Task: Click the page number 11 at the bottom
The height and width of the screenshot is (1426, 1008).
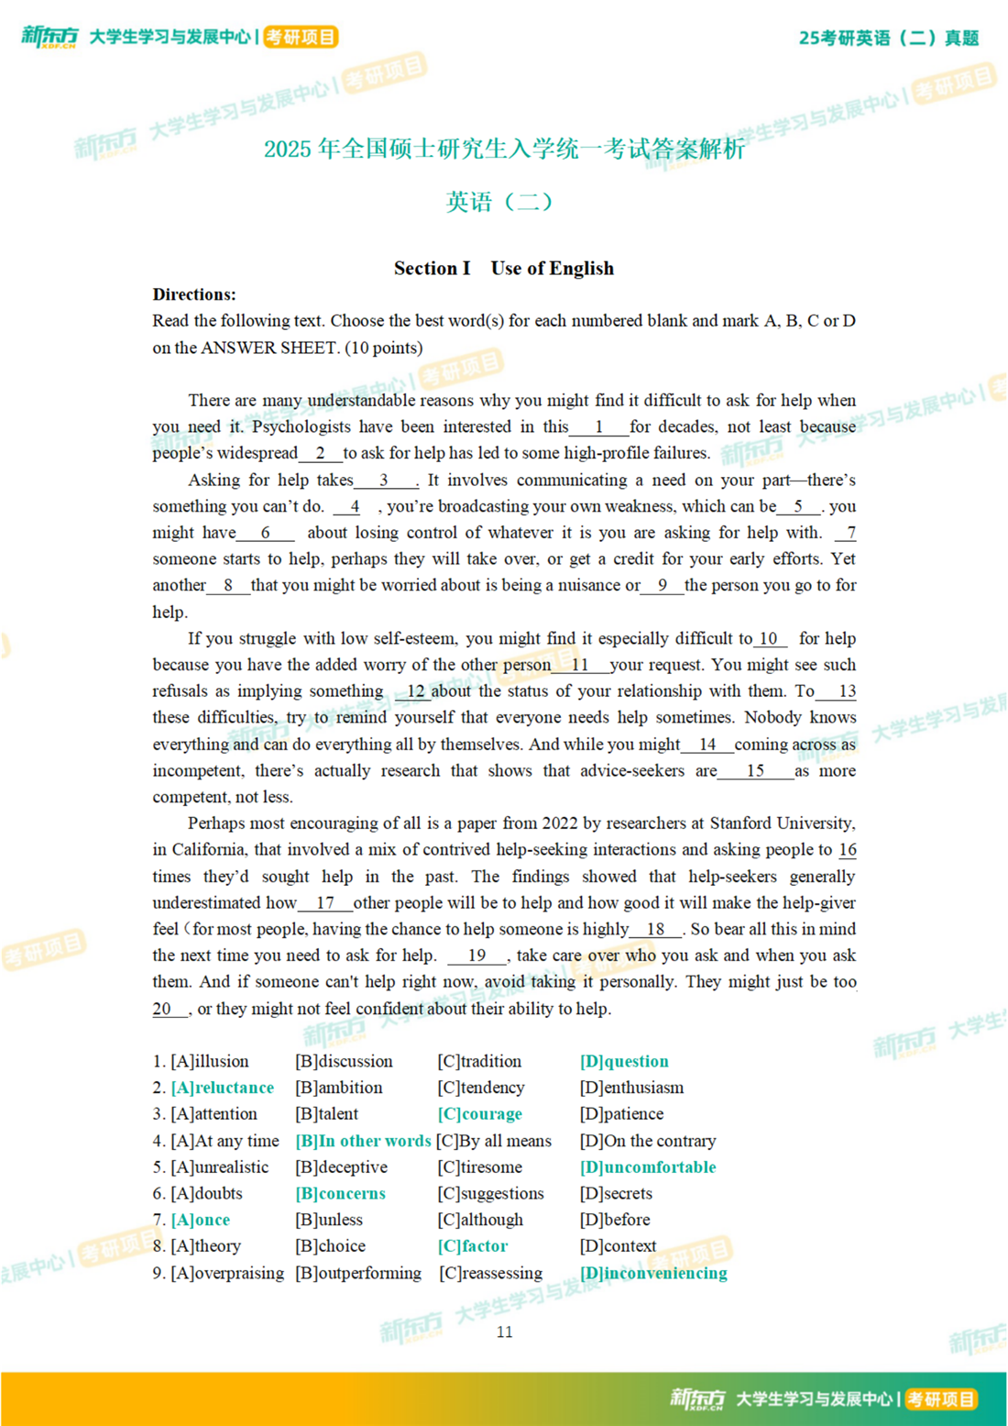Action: pyautogui.click(x=504, y=1332)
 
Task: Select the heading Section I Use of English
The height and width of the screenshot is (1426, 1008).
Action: pyautogui.click(x=504, y=268)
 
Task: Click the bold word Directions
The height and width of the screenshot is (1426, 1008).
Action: pyautogui.click(x=193, y=294)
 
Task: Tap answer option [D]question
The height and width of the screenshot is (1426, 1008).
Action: pyautogui.click(x=624, y=1061)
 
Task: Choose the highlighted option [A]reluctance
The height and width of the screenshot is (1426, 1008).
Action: pyautogui.click(x=223, y=1088)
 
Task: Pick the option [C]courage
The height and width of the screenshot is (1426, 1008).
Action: pyautogui.click(x=479, y=1113)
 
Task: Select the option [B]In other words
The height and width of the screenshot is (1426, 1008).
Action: pyautogui.click(x=363, y=1141)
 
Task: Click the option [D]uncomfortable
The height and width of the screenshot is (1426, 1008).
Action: pyautogui.click(x=648, y=1167)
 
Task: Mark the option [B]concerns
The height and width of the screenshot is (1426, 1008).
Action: pyautogui.click(x=340, y=1193)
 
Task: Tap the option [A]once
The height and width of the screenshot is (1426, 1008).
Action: pyautogui.click(x=201, y=1220)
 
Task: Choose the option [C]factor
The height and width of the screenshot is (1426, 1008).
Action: pyautogui.click(x=473, y=1246)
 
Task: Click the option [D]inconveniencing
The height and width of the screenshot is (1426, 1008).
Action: pyautogui.click(x=653, y=1273)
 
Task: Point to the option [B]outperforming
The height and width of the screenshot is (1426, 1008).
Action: pyautogui.click(x=358, y=1273)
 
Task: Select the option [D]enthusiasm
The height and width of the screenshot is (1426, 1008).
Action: pyautogui.click(x=631, y=1088)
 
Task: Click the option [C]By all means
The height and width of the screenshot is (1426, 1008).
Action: pyautogui.click(x=494, y=1141)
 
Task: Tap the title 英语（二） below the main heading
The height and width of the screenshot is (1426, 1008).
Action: pyautogui.click(x=499, y=201)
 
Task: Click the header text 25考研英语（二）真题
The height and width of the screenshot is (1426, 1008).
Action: pyautogui.click(x=888, y=38)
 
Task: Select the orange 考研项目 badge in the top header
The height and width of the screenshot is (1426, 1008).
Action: pyautogui.click(x=301, y=37)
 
